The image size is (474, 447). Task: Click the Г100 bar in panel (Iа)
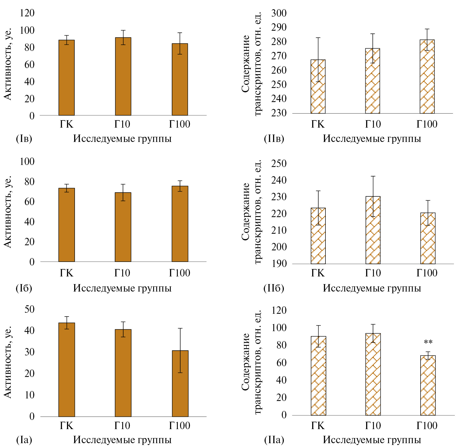click(x=180, y=384)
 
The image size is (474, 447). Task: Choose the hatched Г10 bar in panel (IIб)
click(x=373, y=230)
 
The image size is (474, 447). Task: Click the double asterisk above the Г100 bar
click(x=428, y=342)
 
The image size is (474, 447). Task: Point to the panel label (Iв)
click(x=24, y=139)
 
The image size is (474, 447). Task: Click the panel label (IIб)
click(x=274, y=288)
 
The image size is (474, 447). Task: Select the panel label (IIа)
click(x=274, y=440)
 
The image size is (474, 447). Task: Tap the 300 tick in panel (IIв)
click(x=279, y=13)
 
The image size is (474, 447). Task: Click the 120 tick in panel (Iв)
click(x=27, y=13)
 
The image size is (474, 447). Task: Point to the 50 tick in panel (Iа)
click(x=29, y=309)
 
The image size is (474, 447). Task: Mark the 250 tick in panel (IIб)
click(x=279, y=164)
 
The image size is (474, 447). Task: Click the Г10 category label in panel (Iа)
click(x=122, y=426)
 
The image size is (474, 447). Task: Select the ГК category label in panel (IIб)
click(x=318, y=273)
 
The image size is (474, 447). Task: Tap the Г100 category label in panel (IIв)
click(x=427, y=124)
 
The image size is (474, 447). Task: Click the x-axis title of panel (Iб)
click(x=122, y=288)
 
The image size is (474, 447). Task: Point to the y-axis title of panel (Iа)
click(x=8, y=362)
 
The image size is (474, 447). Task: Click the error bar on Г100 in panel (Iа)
click(x=180, y=350)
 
